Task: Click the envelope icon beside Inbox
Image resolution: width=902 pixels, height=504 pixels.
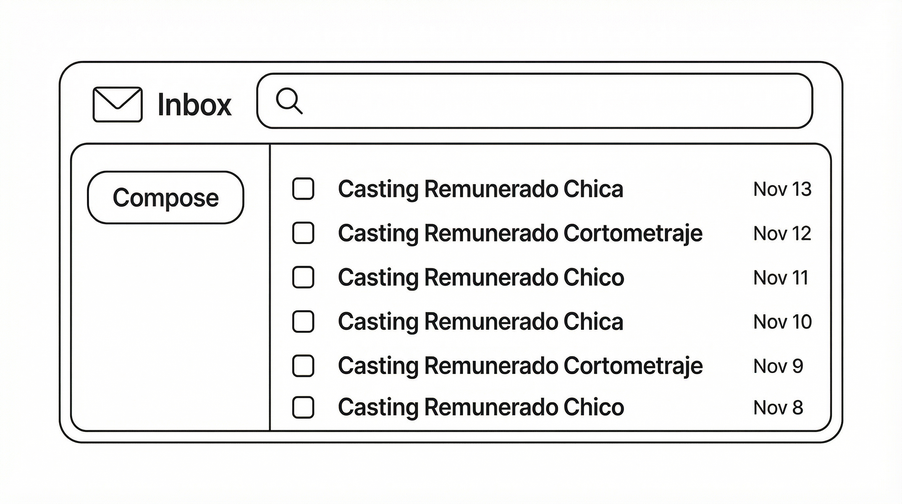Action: (118, 104)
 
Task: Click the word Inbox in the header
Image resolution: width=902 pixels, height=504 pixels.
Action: (194, 104)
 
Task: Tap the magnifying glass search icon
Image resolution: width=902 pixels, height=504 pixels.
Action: (289, 101)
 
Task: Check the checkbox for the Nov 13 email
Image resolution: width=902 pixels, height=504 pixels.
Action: (303, 189)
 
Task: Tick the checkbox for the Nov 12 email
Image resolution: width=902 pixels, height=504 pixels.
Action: (303, 233)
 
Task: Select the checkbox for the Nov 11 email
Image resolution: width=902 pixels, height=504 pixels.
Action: (303, 277)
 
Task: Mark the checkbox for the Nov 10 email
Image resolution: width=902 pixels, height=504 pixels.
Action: (303, 321)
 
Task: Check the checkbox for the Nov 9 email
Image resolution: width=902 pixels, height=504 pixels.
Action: (303, 366)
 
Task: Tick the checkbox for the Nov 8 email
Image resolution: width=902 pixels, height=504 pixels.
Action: (303, 407)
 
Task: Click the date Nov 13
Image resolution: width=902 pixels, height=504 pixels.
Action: (782, 189)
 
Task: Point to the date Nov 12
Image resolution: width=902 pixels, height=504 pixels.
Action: (782, 233)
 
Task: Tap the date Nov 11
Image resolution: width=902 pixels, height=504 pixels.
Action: (781, 278)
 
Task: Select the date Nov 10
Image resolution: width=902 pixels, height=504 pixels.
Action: (783, 322)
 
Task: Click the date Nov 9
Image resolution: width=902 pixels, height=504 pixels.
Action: (778, 366)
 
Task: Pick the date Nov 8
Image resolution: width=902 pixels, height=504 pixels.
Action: (778, 408)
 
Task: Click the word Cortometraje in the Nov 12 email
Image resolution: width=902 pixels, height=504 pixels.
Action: (633, 233)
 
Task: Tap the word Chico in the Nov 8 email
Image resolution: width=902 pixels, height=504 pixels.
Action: (594, 407)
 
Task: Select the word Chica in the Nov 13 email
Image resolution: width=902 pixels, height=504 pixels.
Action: (594, 189)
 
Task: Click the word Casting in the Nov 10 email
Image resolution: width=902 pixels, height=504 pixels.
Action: (378, 322)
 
